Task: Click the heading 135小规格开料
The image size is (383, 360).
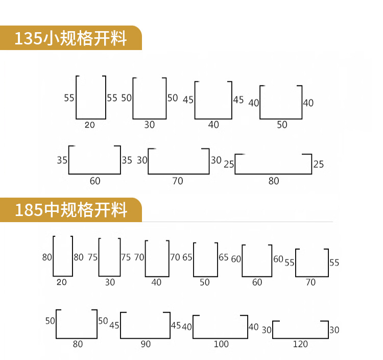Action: (70, 38)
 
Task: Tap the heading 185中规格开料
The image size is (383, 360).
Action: (70, 210)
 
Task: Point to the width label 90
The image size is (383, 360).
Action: (146, 344)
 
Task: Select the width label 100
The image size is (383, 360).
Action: (221, 344)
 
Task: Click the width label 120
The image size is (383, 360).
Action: (300, 344)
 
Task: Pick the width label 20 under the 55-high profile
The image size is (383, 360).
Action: (90, 124)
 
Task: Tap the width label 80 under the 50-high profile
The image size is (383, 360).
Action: (78, 344)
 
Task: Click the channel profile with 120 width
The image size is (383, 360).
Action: (300, 329)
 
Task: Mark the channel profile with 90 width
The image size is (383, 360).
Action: (146, 325)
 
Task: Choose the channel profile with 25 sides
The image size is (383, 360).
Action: (273, 164)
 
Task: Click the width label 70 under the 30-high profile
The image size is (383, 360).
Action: (178, 180)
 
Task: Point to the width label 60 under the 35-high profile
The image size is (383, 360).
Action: (95, 180)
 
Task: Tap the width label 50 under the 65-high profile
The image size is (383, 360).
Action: (205, 282)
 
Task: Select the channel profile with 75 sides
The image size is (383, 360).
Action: (110, 257)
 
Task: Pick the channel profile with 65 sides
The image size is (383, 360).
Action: (205, 259)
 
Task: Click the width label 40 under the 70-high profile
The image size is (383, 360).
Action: (156, 282)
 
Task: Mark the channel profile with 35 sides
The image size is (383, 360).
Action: (95, 160)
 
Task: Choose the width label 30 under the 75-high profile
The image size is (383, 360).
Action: (110, 282)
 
